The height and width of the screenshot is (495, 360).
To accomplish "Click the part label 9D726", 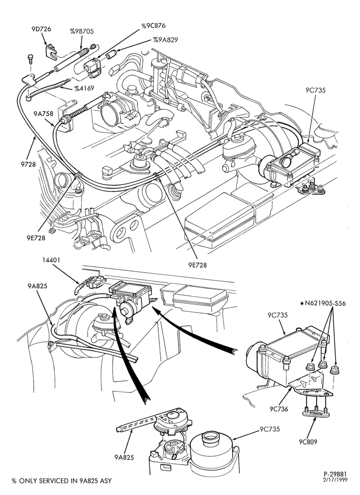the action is [42, 29].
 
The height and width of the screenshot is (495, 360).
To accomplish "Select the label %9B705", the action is [82, 31].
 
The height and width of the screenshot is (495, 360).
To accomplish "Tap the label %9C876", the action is [153, 26].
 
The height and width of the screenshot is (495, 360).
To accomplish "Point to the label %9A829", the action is [166, 40].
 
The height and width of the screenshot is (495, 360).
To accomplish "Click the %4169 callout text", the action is [84, 88].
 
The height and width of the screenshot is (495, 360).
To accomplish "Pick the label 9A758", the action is [44, 113].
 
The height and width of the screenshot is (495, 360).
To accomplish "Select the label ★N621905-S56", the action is [323, 303].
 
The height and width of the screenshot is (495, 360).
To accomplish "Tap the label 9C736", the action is [279, 409].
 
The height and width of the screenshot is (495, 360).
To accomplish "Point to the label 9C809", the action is [309, 442].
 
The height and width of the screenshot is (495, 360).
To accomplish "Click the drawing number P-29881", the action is [335, 474].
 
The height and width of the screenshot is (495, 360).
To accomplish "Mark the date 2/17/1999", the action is [335, 479].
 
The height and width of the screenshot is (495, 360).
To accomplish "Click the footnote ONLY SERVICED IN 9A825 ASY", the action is [65, 481].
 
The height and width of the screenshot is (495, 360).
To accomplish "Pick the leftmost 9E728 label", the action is [36, 238].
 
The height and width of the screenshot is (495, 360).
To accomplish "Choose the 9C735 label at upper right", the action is [315, 90].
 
